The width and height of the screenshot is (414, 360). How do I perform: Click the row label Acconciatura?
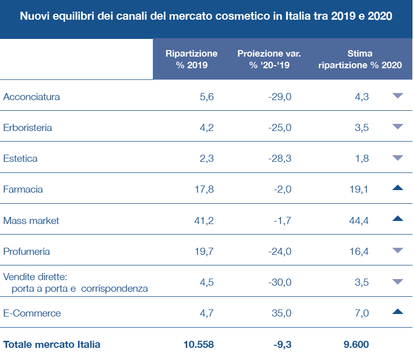pyautogui.click(x=31, y=97)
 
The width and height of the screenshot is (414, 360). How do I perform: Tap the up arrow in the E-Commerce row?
pyautogui.click(x=397, y=312)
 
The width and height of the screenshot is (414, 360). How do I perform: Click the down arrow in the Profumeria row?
pyautogui.click(x=397, y=250)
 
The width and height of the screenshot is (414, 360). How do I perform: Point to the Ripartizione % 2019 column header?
pyautogui.click(x=192, y=59)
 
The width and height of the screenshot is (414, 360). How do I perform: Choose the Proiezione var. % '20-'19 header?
pyautogui.click(x=269, y=59)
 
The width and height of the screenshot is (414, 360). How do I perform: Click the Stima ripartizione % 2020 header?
pyautogui.click(x=360, y=59)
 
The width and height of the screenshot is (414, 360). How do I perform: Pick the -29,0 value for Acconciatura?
pyautogui.click(x=280, y=97)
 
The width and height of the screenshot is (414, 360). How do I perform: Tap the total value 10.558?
pyautogui.click(x=198, y=345)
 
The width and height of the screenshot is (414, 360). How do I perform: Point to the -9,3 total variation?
pyautogui.click(x=281, y=345)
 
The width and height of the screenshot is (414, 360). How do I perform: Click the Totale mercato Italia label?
pyautogui.click(x=52, y=345)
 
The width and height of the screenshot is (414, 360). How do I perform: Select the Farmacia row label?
pyautogui.click(x=23, y=190)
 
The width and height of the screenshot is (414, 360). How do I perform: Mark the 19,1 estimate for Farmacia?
pyautogui.click(x=359, y=190)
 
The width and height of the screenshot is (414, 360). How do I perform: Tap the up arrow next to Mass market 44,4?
pyautogui.click(x=397, y=219)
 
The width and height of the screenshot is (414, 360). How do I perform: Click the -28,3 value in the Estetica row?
pyautogui.click(x=280, y=159)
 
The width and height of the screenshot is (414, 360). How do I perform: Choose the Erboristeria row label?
pyautogui.click(x=27, y=128)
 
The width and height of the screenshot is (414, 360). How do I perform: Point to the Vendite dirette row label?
pyautogui.click(x=35, y=277)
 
